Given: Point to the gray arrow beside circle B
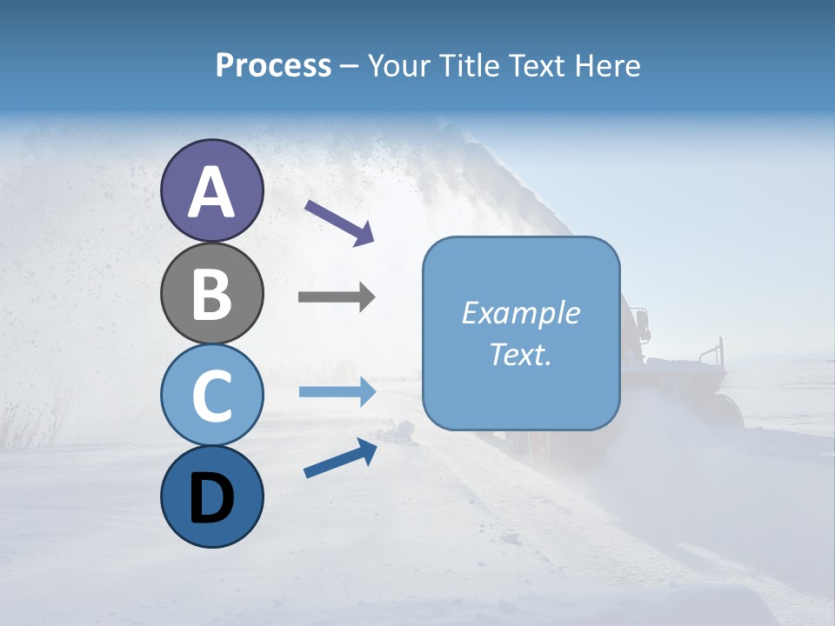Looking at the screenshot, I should point(337,297).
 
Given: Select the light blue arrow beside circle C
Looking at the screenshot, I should point(337,392).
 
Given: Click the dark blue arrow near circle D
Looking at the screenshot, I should point(340,459).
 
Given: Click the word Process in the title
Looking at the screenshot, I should point(273,66).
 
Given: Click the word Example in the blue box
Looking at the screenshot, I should point(520,314).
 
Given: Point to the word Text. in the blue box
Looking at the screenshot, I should point(520,355).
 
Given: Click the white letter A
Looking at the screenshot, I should point(211,193).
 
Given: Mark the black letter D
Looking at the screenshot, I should point(211,498).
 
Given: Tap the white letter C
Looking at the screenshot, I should point(211,396).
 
